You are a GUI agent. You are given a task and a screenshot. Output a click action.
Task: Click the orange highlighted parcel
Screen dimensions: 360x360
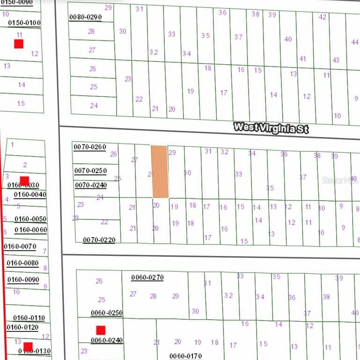tap(160, 172)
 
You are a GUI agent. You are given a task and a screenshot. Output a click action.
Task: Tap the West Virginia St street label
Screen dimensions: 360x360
tap(271, 127)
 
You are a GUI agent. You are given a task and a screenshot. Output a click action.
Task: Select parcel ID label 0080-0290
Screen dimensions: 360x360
tap(85, 17)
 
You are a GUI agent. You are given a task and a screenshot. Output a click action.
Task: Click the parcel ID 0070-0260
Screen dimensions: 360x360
tap(90, 147)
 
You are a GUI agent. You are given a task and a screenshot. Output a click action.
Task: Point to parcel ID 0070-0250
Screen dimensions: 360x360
tap(90, 171)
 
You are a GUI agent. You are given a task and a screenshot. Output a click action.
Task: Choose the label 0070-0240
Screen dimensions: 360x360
tap(90, 185)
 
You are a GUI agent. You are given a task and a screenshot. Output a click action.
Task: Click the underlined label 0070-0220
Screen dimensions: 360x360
tap(99, 240)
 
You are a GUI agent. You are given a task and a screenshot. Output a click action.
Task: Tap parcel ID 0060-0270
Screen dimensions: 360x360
tap(147, 277)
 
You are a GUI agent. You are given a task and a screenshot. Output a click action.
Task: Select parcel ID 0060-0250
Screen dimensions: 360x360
tap(106, 313)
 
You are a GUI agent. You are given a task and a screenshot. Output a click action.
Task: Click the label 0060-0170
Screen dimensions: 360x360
tap(185, 356)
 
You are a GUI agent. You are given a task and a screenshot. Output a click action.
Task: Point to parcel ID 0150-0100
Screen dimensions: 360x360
tap(24, 22)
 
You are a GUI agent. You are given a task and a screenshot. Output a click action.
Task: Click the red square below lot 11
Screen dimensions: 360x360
tap(19, 44)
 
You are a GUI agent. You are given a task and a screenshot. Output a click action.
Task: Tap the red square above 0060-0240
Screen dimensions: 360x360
tap(100, 330)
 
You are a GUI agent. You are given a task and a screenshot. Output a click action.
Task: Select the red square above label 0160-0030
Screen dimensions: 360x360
tap(24, 180)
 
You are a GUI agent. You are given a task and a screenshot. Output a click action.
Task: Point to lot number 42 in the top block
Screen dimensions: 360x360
tap(323, 17)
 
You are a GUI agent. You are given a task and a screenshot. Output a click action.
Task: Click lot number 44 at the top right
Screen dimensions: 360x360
tap(354, 42)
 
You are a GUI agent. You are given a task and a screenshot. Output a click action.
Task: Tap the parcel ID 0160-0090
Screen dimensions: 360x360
tap(22, 280)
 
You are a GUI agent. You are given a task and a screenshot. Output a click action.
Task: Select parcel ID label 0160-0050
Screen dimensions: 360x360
tap(30, 219)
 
